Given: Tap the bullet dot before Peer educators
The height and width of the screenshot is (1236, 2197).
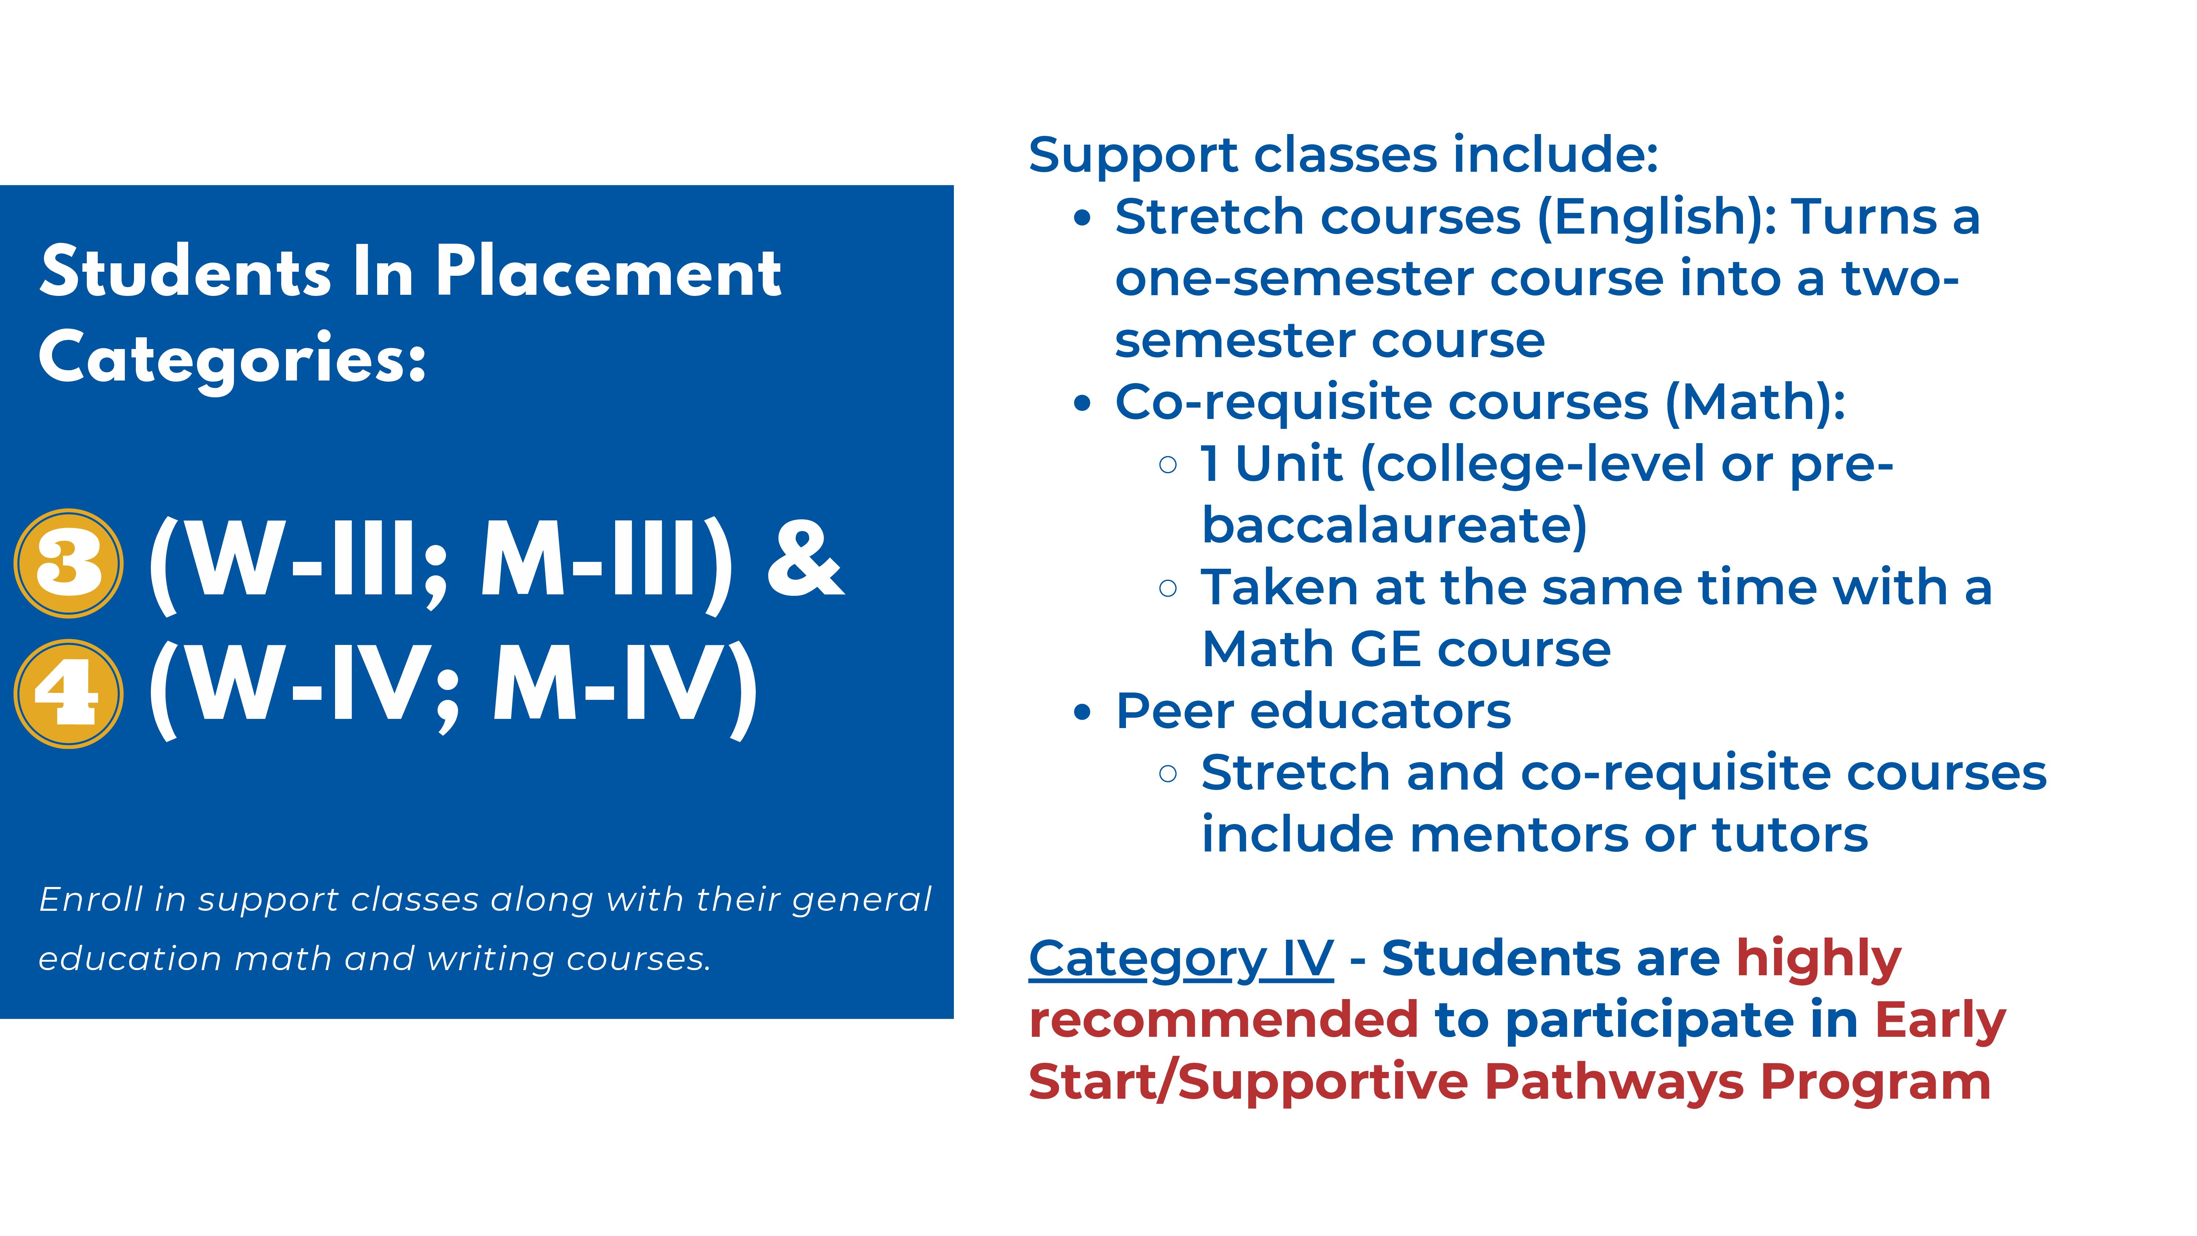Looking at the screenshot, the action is (1082, 712).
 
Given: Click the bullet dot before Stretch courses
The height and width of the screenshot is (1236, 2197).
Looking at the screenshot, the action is (1082, 218).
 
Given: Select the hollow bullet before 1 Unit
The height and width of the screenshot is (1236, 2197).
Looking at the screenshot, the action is (1168, 465).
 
